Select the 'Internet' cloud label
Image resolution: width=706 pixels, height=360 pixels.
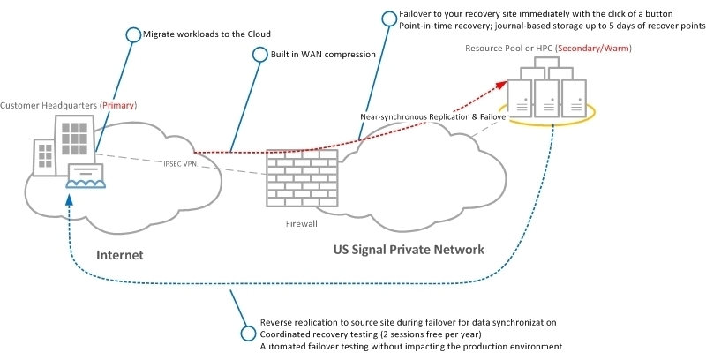point(119,255)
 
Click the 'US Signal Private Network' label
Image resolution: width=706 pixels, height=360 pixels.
point(409,250)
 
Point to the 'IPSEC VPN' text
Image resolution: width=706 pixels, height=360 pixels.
point(179,164)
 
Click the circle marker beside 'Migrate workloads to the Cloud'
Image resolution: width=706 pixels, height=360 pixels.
point(133,35)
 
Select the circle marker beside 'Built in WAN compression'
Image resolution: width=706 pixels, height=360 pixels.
point(259,55)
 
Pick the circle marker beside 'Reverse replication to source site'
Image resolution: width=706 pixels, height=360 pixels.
point(249,334)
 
